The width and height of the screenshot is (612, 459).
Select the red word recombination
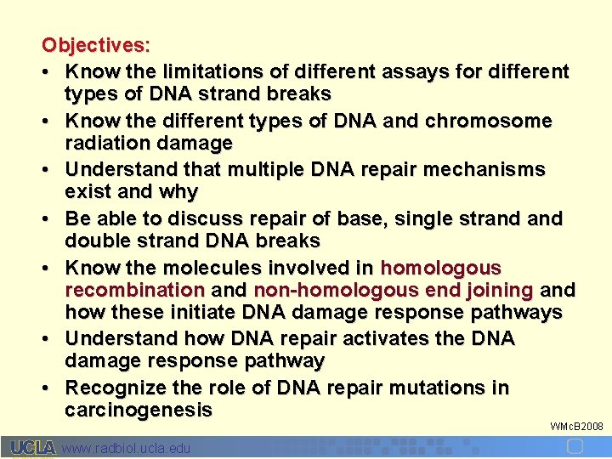click(134, 291)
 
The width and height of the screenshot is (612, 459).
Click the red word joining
click(496, 291)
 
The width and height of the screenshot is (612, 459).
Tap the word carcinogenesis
click(139, 411)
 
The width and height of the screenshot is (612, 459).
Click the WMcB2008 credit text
click(576, 425)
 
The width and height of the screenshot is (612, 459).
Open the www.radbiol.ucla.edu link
click(127, 448)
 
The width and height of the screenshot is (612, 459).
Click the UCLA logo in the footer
click(33, 447)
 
